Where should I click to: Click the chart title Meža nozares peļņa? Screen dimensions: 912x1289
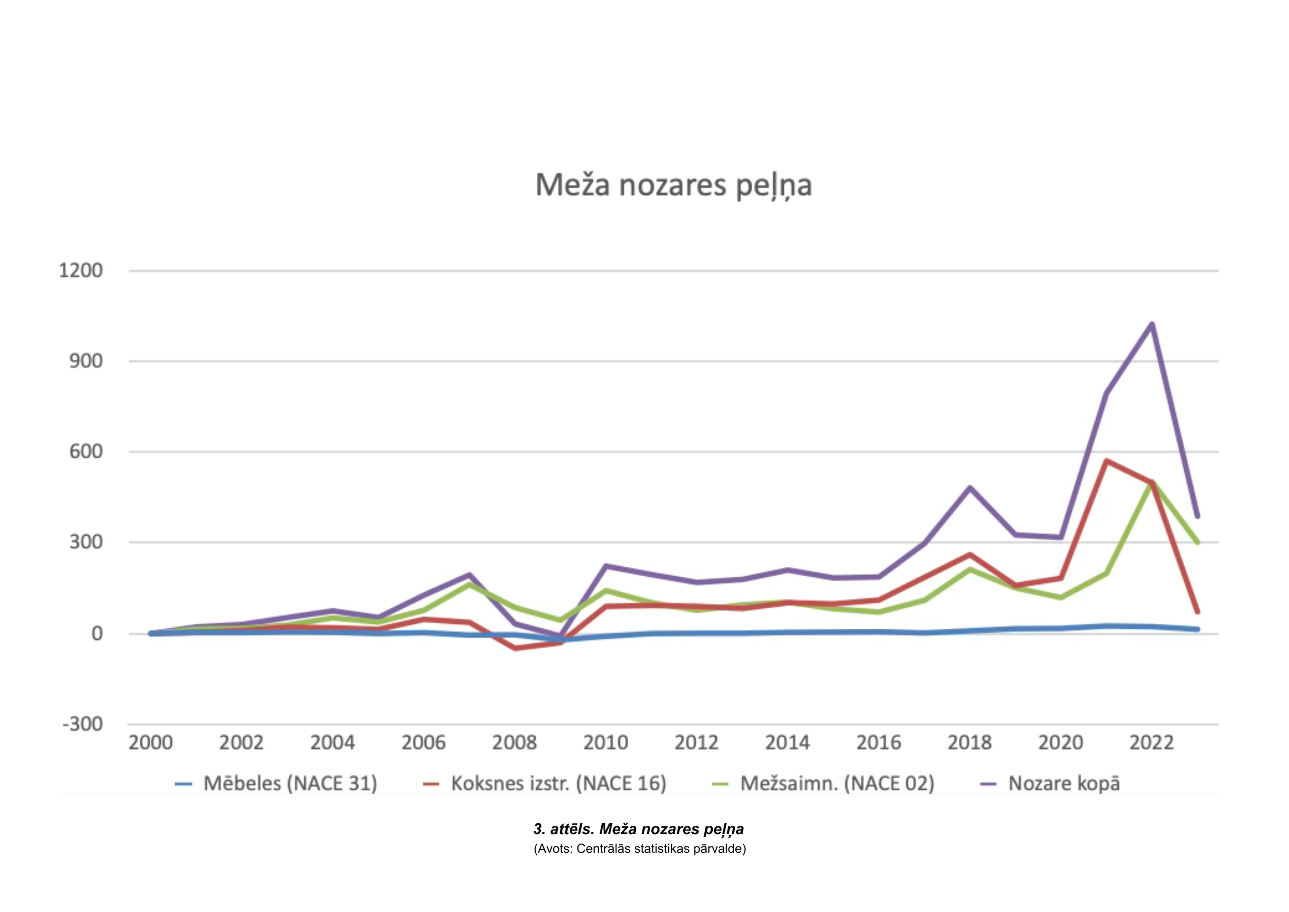coord(673,185)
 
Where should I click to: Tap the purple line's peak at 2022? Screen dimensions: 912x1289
coord(1151,324)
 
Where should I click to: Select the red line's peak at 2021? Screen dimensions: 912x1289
coord(1106,461)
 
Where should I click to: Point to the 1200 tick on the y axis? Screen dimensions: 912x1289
coord(81,271)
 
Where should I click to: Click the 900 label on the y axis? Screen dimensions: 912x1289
coord(86,361)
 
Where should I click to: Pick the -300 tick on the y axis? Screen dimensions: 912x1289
coord(82,724)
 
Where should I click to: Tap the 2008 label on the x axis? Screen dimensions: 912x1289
coord(514,742)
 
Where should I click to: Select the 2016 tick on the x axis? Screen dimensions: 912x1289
coord(878,742)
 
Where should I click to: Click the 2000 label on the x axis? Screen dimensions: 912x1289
coord(151,742)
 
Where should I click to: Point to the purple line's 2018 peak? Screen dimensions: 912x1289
coord(969,487)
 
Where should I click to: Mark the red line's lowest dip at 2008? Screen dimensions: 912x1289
coord(515,648)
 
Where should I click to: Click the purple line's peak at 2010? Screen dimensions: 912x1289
coord(606,566)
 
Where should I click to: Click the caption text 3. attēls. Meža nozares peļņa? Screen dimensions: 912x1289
coord(638,829)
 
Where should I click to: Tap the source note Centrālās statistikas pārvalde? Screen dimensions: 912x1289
coord(639,849)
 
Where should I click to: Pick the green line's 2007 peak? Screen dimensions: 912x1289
coord(469,584)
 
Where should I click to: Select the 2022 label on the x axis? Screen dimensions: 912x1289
coord(1151,742)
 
